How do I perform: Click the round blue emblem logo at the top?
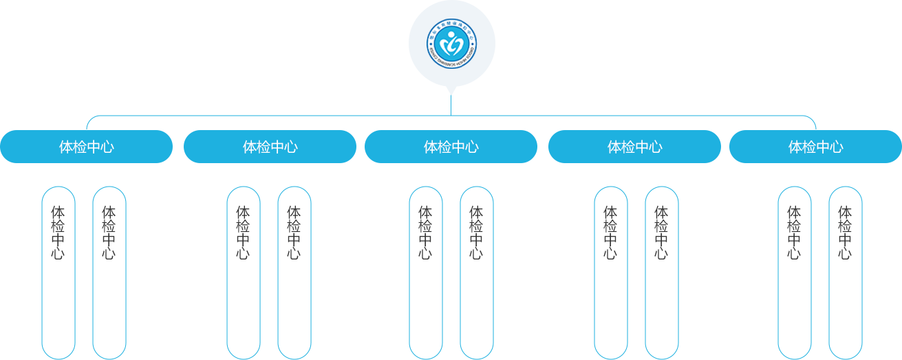coord(452,43)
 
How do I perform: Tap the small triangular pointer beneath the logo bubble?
coord(451,90)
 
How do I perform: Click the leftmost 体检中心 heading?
coord(86,147)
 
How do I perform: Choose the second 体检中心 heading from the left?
coord(270,147)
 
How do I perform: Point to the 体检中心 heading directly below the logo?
coord(451,147)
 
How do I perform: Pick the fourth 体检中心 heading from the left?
coord(634,147)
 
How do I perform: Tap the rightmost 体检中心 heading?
coord(815,147)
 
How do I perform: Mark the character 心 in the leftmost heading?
coord(107,147)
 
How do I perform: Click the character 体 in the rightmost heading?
coord(795,147)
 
